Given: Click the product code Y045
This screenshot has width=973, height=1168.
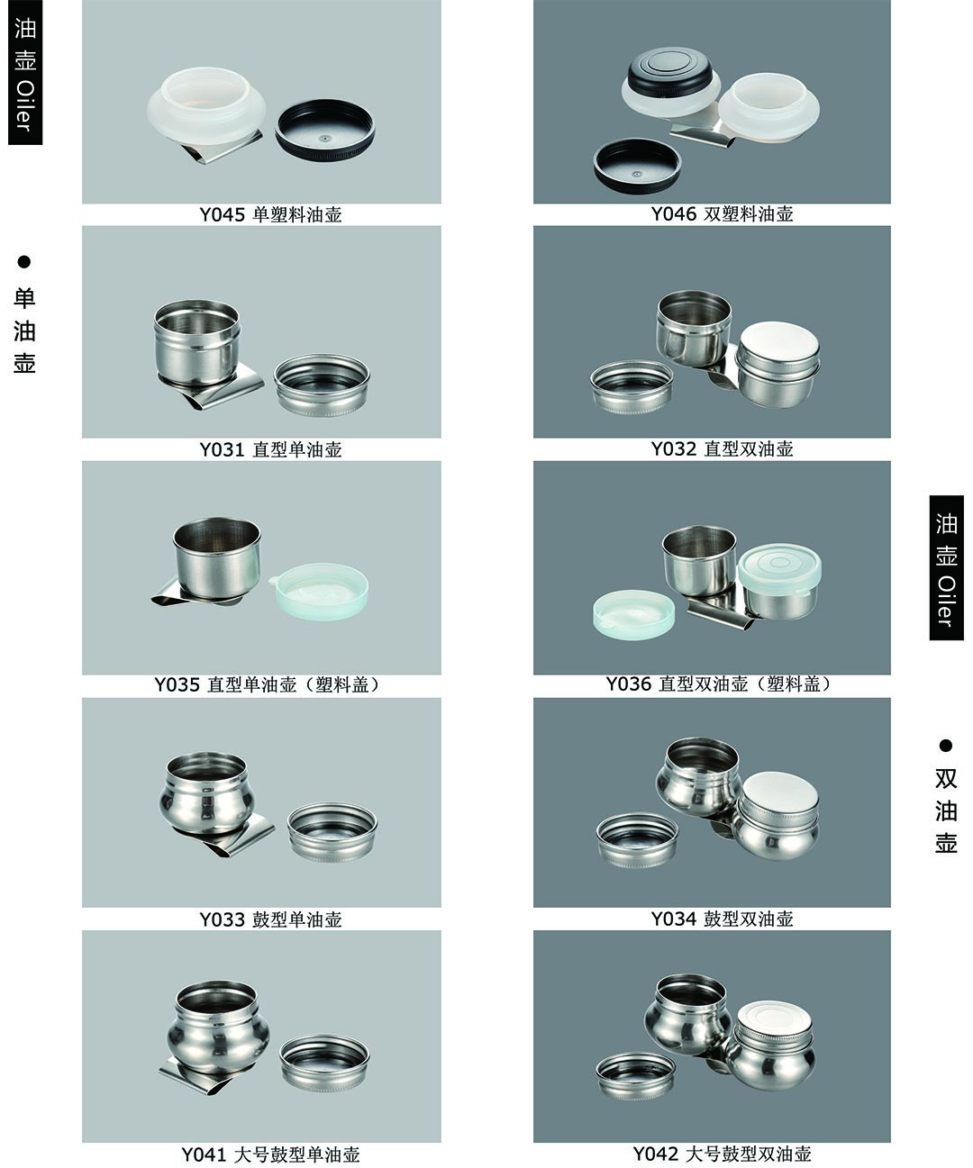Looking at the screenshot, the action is pyautogui.click(x=223, y=215).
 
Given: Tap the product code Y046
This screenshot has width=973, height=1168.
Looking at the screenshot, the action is pyautogui.click(x=674, y=214).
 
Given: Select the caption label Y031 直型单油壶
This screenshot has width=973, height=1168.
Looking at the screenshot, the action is pyautogui.click(x=271, y=449).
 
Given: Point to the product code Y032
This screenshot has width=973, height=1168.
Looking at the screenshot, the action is pyautogui.click(x=674, y=449).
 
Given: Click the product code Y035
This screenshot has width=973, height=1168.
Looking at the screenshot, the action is pyautogui.click(x=177, y=684).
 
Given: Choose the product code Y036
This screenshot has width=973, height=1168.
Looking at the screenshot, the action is pyautogui.click(x=629, y=684).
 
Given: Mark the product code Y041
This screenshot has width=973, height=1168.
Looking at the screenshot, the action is pyautogui.click(x=204, y=1154).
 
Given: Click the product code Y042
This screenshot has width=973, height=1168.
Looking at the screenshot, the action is pyautogui.click(x=656, y=1154).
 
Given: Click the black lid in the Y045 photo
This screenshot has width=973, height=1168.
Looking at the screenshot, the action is pyautogui.click(x=325, y=131).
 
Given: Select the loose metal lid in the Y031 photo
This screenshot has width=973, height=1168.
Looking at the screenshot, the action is pyautogui.click(x=322, y=385).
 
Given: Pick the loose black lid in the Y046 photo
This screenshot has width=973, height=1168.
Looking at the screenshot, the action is pyautogui.click(x=637, y=166).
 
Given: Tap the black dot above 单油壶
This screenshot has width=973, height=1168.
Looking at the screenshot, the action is pyautogui.click(x=24, y=262).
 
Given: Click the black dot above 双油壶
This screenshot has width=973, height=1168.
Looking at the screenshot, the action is pyautogui.click(x=946, y=745).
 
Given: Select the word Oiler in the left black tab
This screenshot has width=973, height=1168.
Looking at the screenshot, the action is pyautogui.click(x=25, y=106).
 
